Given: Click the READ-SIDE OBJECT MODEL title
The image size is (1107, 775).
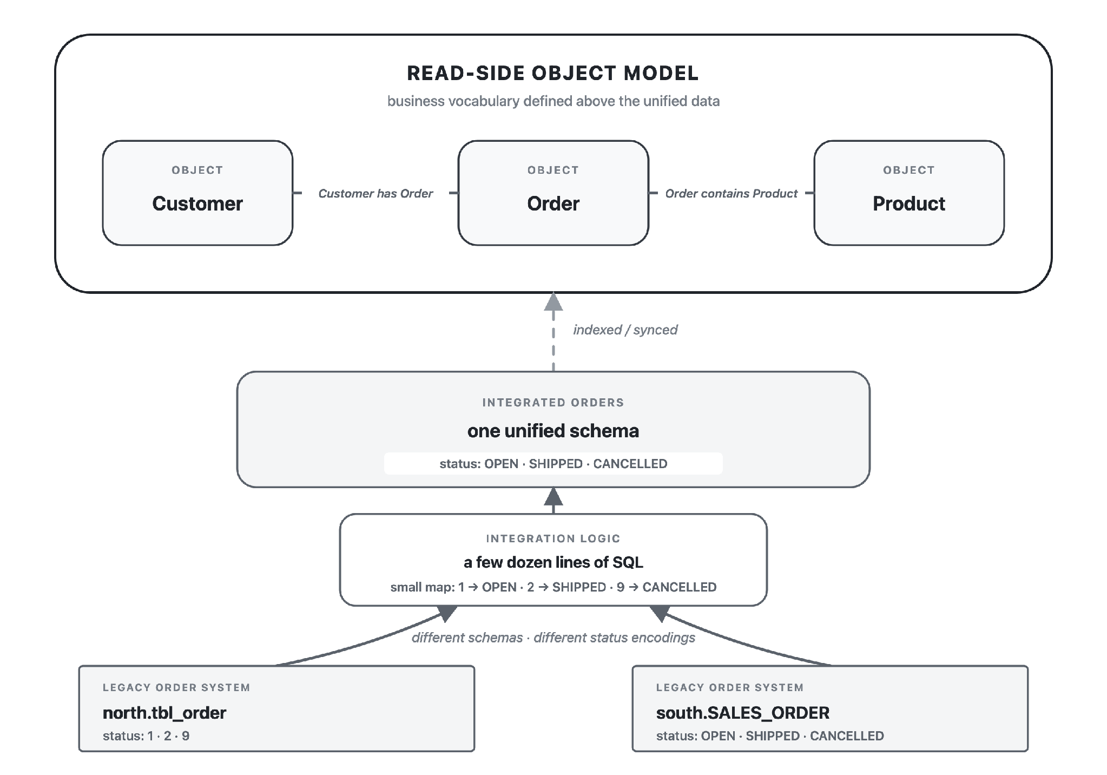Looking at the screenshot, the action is coord(553,73).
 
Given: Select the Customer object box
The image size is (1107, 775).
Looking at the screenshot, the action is coord(197,193).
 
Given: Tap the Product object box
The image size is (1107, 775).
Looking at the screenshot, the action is coord(909,193).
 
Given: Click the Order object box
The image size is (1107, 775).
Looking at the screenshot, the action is coord(553,193).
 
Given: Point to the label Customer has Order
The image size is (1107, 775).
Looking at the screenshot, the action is coord(375,193).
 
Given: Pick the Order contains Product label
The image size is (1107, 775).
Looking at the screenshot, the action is coord(732,193).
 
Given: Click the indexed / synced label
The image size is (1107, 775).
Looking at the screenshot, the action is coord(625,330).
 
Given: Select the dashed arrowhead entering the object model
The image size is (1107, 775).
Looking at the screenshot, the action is coord(553,301).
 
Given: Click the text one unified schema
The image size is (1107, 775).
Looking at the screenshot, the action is coord(553,431).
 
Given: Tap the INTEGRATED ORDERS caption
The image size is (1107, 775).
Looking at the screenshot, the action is coord(553,403).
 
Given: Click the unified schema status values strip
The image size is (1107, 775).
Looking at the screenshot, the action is coord(553,464).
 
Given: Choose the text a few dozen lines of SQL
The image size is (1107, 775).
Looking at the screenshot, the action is coord(553,562).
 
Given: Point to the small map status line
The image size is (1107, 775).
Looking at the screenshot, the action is coord(553,587).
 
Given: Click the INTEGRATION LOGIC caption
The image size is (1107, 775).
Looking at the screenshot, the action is coord(553,538).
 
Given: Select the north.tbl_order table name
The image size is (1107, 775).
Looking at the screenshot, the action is coord(164,713).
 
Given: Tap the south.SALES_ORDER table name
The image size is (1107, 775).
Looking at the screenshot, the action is coord(743,713).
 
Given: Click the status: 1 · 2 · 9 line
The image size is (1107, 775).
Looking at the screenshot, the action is coord(146,736).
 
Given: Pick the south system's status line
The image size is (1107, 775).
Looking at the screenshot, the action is coord(770,736).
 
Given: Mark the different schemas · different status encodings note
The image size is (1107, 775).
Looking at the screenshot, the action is coord(553,638).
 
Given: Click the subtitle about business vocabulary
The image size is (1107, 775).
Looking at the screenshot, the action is coord(553,101).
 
